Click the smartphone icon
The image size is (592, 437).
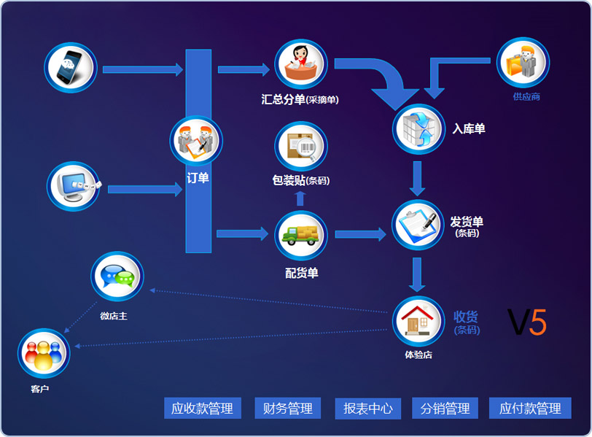(x=71, y=69)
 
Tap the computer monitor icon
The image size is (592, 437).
(x=74, y=186)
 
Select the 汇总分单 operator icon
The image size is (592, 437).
(x=301, y=66)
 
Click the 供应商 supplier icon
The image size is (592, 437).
(x=523, y=63)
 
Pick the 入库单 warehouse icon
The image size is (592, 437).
(x=418, y=129)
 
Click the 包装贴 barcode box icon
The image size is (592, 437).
(x=301, y=147)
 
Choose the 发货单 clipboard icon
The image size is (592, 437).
(x=418, y=225)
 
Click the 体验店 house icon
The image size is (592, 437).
(x=418, y=322)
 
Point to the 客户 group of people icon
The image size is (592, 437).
(x=44, y=354)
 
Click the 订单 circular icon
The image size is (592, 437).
(x=196, y=142)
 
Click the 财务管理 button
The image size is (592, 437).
(x=287, y=409)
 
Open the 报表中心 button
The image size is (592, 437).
(x=368, y=409)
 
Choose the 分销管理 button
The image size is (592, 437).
(x=445, y=409)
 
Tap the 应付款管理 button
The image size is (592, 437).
(x=530, y=409)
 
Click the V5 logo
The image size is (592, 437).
(x=527, y=322)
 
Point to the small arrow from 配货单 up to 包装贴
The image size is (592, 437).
(x=300, y=198)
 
